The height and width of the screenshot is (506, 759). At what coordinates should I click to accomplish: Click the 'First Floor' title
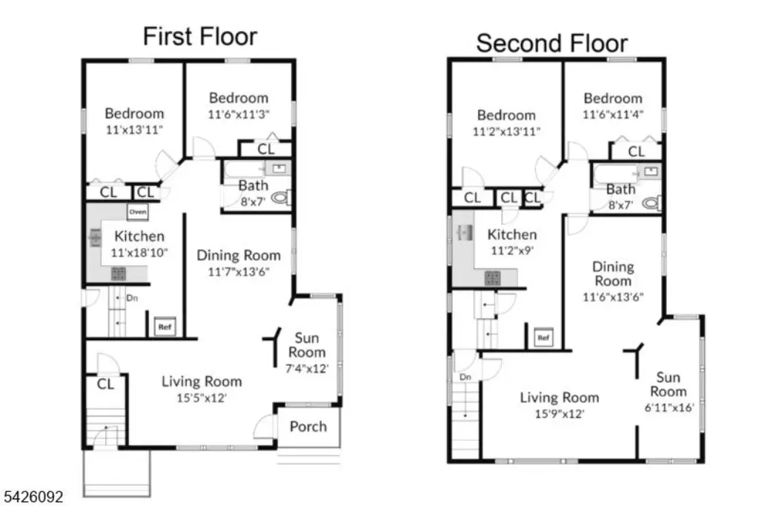coord(200,37)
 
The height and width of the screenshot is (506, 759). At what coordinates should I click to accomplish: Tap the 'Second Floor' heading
coord(551,43)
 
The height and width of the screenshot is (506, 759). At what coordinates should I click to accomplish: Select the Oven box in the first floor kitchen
coord(138,211)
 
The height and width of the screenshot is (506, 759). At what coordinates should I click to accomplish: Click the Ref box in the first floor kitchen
coord(165,327)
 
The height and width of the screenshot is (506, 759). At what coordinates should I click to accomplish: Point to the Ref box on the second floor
coord(543,337)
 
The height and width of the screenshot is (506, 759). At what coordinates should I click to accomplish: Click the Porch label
coord(308,426)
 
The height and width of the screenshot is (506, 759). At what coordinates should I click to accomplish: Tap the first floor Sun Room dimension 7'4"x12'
coord(307,368)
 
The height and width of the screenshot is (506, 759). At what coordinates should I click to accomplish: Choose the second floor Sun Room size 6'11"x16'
coord(669,407)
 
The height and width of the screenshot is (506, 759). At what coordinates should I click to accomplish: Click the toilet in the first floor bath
coord(281,197)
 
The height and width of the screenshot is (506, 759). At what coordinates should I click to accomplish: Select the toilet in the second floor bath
coord(652,203)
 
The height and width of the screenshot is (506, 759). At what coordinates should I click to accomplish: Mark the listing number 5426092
coord(33,497)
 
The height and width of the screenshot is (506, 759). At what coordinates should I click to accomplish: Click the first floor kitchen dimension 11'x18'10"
coord(139,253)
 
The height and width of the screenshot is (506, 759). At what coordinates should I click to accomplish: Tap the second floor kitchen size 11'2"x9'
coord(512,250)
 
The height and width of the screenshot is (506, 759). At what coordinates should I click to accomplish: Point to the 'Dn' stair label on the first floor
coord(132,298)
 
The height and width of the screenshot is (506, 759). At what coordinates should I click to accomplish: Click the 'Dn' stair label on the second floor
coord(465,377)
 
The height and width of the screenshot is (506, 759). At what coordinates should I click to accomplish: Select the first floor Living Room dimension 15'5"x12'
coord(202,398)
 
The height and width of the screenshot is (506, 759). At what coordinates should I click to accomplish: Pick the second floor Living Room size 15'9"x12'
coord(560,413)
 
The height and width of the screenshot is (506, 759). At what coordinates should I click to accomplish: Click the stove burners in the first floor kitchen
coord(119,273)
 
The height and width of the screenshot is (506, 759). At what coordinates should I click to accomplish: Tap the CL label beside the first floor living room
coord(105,384)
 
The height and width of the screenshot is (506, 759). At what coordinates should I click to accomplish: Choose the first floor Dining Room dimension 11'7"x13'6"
coord(239,271)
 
